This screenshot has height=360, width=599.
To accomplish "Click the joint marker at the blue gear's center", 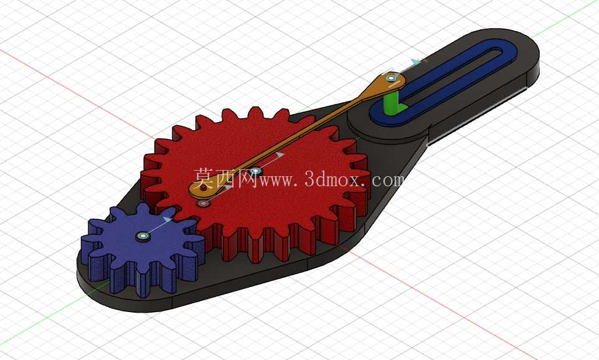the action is coord(143,237).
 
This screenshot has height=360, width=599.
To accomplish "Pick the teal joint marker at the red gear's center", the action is coord(255,171).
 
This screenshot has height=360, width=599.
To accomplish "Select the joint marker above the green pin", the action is coord(390,78).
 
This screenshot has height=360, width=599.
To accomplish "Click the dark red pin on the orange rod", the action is coord(203,188).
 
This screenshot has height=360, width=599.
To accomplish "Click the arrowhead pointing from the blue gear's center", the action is coord(167,219).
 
